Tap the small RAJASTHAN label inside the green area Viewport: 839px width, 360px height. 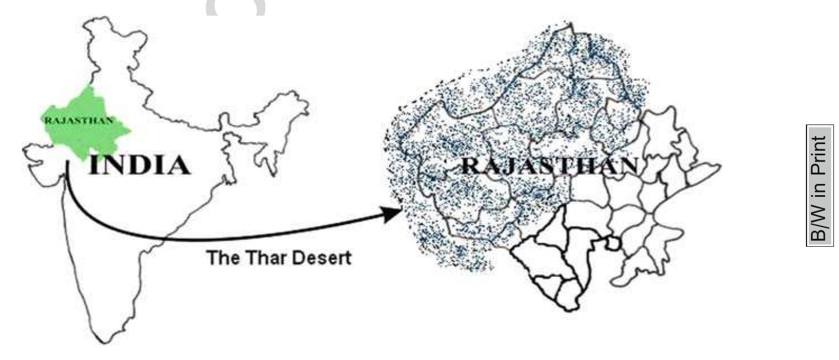point(78,119)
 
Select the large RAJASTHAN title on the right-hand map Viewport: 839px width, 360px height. point(549,167)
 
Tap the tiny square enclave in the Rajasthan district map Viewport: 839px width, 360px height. point(614,243)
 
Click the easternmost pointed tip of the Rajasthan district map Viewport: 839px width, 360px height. point(719,167)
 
